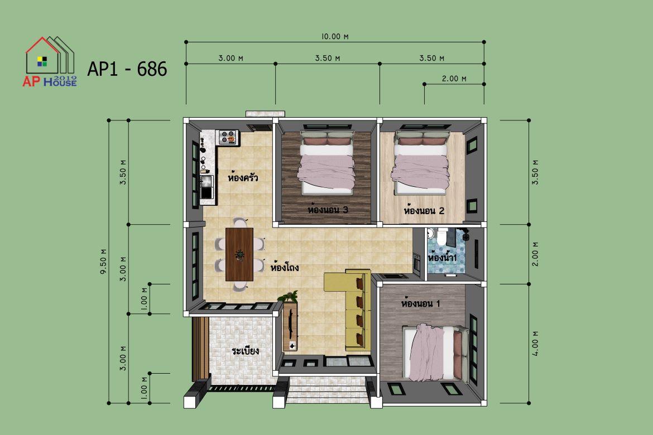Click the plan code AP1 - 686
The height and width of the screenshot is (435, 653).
pyautogui.click(x=127, y=69)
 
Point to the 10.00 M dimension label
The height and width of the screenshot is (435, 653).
pyautogui.click(x=335, y=37)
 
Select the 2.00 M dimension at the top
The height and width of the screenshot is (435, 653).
pyautogui.click(x=454, y=79)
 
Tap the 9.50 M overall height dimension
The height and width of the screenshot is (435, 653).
pyautogui.click(x=103, y=262)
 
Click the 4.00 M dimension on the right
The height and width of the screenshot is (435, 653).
pyautogui.click(x=536, y=344)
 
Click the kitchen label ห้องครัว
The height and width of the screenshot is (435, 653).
pyautogui.click(x=243, y=178)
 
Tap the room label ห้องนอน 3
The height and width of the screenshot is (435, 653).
pyautogui.click(x=328, y=209)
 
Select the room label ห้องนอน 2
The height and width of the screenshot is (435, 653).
pyautogui.click(x=424, y=210)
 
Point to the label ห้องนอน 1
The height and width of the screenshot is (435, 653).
pyautogui.click(x=421, y=303)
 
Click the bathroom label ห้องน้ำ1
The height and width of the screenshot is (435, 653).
pyautogui.click(x=442, y=258)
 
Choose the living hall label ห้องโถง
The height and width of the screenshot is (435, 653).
pyautogui.click(x=285, y=267)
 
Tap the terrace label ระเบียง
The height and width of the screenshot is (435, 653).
pyautogui.click(x=245, y=350)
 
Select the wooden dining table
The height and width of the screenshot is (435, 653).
pyautogui.click(x=239, y=254)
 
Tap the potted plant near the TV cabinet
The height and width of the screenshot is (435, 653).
pyautogui.click(x=288, y=296)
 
